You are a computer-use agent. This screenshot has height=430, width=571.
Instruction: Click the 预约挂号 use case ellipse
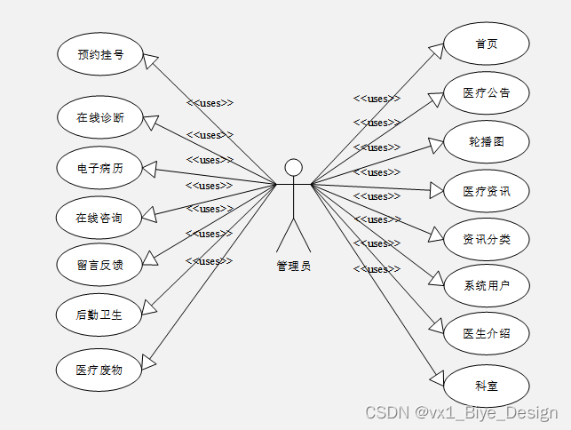click(99, 54)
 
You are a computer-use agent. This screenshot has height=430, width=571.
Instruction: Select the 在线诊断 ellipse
click(99, 117)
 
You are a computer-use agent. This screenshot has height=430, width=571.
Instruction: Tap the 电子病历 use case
click(99, 167)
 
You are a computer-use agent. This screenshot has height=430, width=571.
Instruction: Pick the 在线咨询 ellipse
click(99, 217)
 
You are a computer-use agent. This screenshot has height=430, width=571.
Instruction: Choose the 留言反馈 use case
click(99, 264)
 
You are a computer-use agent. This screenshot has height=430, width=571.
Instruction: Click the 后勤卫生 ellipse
click(99, 314)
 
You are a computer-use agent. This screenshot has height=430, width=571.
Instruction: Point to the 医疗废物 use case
click(99, 370)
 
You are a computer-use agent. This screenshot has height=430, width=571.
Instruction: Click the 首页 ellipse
click(486, 44)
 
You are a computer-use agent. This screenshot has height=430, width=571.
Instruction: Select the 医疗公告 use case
click(486, 92)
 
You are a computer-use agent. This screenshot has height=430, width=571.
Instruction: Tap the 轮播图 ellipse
click(486, 141)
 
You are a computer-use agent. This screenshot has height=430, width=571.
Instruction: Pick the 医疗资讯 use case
click(486, 190)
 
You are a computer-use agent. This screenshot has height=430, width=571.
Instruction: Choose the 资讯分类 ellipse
click(486, 238)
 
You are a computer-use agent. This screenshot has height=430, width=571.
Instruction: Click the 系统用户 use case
click(486, 285)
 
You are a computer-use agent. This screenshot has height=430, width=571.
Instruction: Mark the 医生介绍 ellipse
click(486, 334)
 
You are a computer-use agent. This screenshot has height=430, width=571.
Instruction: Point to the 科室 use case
click(486, 386)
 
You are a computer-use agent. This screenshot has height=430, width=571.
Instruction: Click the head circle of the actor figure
click(293, 167)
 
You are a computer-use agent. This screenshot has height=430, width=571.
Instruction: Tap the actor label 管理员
click(293, 266)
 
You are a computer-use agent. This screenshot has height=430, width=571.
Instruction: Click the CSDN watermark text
click(461, 413)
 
